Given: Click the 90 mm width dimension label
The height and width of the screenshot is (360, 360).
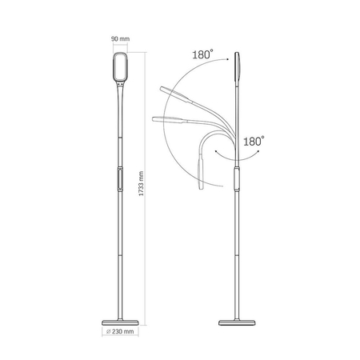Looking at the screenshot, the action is (x=120, y=39).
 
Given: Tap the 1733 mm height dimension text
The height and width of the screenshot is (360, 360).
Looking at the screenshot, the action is (x=142, y=183).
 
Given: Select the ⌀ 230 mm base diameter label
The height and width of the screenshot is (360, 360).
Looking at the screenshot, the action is (x=120, y=331).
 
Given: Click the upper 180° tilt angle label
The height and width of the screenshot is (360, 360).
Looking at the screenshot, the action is (x=202, y=54).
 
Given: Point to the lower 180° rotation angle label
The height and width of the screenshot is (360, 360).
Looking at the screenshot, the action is (x=254, y=141).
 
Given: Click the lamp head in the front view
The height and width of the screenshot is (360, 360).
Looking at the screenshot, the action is (x=120, y=66).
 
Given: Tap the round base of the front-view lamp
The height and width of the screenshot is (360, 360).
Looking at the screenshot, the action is (x=120, y=322).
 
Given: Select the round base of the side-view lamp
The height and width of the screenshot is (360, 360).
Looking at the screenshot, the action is (x=237, y=322).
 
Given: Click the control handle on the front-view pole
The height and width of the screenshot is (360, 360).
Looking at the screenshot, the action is (x=120, y=179).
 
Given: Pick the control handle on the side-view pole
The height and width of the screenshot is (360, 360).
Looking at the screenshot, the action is (x=237, y=179).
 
